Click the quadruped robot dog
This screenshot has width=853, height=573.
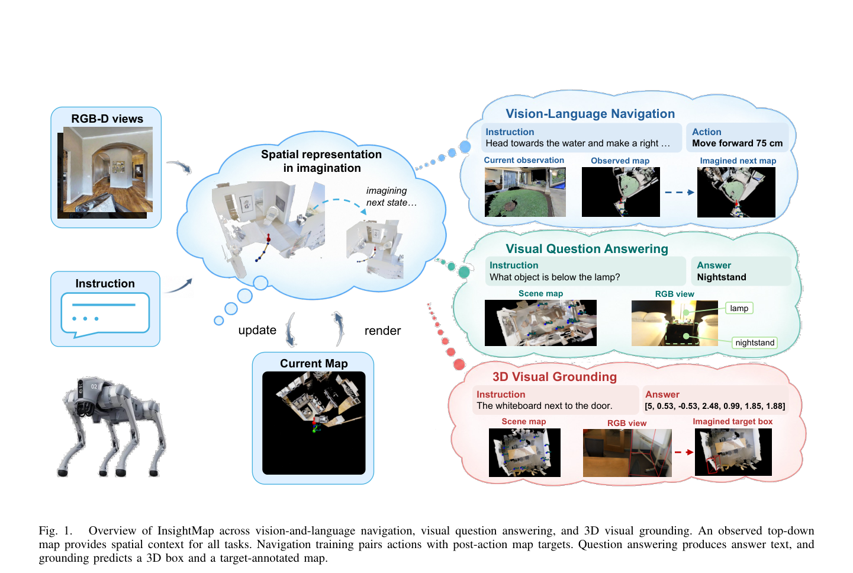pyautogui.click(x=111, y=427)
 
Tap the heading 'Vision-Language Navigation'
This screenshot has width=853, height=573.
pyautogui.click(x=590, y=114)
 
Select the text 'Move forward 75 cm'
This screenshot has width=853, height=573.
pyautogui.click(x=737, y=143)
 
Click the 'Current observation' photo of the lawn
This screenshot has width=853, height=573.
pyautogui.click(x=525, y=192)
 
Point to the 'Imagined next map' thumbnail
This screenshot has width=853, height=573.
pyautogui.click(x=736, y=192)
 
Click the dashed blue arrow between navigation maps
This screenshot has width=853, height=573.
pyautogui.click(x=680, y=193)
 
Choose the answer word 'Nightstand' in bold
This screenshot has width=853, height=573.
pyautogui.click(x=721, y=277)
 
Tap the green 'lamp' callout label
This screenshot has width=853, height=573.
pyautogui.click(x=739, y=308)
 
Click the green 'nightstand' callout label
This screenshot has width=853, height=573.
pyautogui.click(x=755, y=342)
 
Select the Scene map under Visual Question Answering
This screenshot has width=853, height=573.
pyautogui.click(x=540, y=323)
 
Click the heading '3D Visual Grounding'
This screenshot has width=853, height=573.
pyautogui.click(x=555, y=377)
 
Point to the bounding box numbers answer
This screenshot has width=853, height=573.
pyautogui.click(x=714, y=406)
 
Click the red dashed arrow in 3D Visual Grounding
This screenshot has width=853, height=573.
pyautogui.click(x=684, y=453)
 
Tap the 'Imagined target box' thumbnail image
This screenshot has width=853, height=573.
pyautogui.click(x=733, y=452)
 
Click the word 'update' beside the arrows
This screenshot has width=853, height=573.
pyautogui.click(x=257, y=330)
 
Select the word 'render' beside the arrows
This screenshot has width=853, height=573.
pyautogui.click(x=382, y=331)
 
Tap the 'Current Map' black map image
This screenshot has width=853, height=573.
pyautogui.click(x=314, y=423)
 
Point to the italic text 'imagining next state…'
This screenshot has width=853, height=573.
pyautogui.click(x=391, y=196)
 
